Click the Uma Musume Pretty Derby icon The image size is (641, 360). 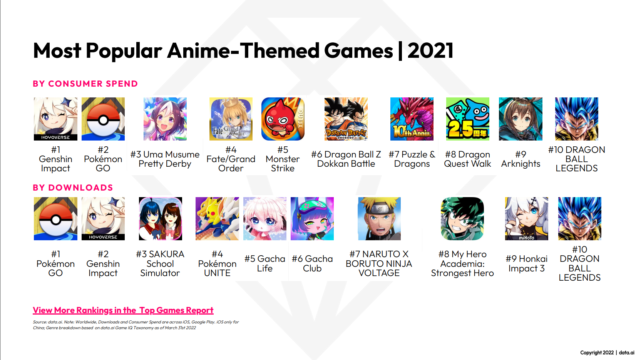(165, 119)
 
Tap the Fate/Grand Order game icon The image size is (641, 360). (231, 119)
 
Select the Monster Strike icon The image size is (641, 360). (283, 119)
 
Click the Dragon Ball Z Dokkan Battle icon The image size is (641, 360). (346, 119)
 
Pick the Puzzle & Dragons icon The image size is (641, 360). (412, 119)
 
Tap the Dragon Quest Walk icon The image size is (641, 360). (468, 119)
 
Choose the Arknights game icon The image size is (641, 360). (520, 119)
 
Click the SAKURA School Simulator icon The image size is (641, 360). (161, 219)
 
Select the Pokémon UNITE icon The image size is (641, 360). (217, 219)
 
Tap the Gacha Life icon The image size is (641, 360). (265, 219)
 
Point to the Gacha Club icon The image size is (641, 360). (312, 219)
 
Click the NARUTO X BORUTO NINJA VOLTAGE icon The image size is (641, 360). (379, 219)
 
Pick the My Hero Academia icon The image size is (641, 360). (462, 219)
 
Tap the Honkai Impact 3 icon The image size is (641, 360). (527, 219)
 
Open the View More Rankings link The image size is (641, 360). (123, 310)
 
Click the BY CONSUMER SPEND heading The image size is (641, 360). (85, 84)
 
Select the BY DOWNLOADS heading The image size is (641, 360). (73, 188)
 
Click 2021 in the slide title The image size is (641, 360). (430, 50)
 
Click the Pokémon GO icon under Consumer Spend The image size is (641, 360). (103, 119)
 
